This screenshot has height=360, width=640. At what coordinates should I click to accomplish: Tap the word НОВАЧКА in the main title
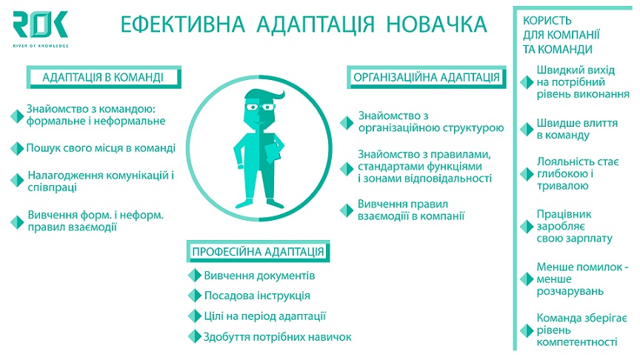point(436,24)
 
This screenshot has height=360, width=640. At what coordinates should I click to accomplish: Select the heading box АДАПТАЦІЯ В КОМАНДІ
point(104,77)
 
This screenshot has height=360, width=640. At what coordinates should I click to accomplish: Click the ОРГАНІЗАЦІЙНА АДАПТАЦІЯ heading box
point(427,77)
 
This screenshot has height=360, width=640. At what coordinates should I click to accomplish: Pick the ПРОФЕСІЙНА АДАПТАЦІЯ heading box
point(258,251)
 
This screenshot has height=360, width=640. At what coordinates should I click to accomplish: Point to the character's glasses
point(259,107)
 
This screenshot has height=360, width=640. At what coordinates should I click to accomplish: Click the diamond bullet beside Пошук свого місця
point(17,149)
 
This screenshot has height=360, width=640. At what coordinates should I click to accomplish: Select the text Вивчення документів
point(259,276)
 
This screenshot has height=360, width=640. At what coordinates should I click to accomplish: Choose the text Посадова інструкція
point(257,296)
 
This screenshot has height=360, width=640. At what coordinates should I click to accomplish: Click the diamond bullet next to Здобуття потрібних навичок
point(195,337)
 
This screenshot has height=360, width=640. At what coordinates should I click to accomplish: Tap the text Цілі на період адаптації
point(265,316)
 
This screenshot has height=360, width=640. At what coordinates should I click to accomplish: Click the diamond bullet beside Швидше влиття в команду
point(527,130)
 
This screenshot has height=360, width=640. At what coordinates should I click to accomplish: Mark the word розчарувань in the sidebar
point(570,291)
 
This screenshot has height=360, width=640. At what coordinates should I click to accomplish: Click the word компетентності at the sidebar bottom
point(577,342)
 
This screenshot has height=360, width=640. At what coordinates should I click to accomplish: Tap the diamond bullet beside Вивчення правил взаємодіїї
point(347,210)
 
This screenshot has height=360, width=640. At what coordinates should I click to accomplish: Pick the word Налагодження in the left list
point(59,176)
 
